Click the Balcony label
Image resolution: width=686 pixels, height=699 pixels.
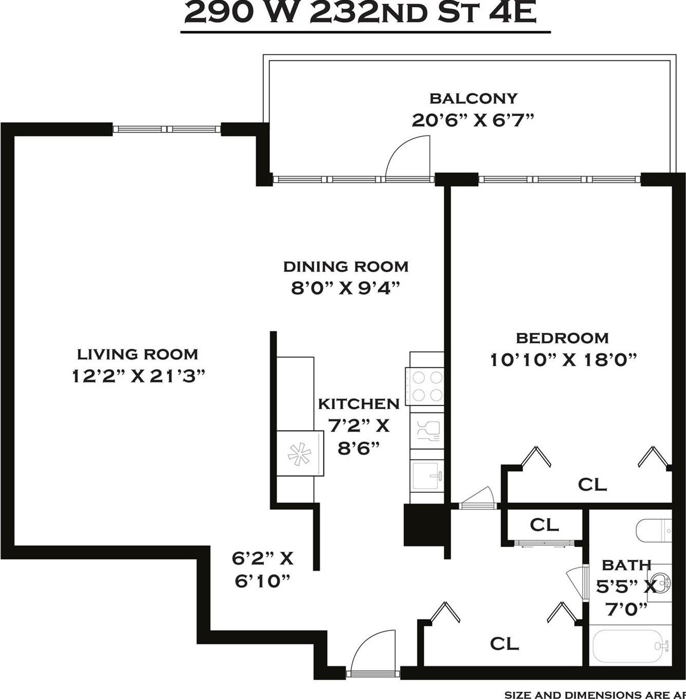coord(473,98)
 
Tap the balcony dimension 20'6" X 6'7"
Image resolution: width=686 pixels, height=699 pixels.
coord(473,120)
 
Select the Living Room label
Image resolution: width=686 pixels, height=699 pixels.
coord(137,354)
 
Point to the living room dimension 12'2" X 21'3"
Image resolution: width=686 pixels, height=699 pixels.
coord(138,376)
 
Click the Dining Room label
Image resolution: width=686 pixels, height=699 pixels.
coord(346,267)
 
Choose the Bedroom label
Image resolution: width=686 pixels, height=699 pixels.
coord(562,338)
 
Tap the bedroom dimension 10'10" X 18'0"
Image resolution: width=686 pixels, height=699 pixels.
coord(564,359)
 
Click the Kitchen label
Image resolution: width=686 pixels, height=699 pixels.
coord(358,404)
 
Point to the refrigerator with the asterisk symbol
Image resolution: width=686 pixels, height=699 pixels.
coord(300,453)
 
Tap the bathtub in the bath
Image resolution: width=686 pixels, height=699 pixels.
coord(629,646)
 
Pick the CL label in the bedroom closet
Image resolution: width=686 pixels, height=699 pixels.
coord(592,484)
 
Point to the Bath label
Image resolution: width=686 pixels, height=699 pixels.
coord(626,565)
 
